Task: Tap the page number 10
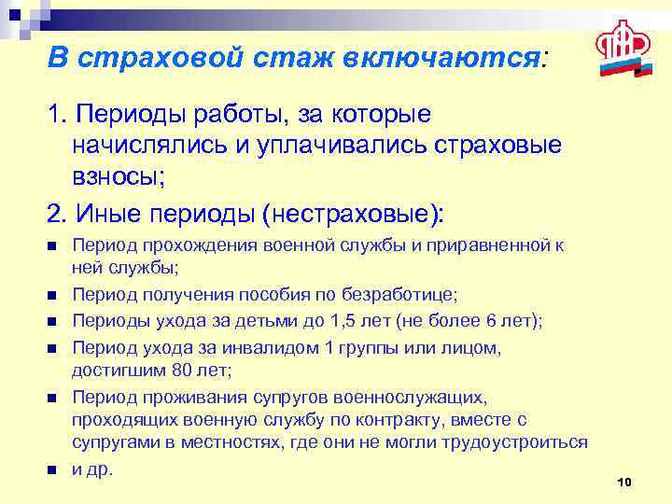pyautogui.click(x=624, y=481)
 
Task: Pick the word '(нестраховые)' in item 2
pyautogui.click(x=354, y=213)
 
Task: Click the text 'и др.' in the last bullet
pyautogui.click(x=92, y=469)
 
